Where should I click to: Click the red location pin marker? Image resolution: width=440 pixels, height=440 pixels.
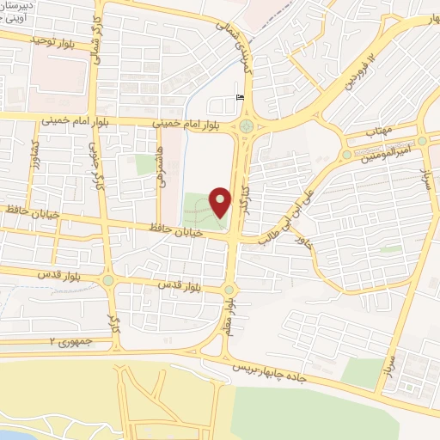pyautogui.click(x=221, y=202)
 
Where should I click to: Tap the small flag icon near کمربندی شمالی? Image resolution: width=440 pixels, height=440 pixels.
pyautogui.click(x=240, y=98)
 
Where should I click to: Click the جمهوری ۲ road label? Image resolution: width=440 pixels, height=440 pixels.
pyautogui.click(x=70, y=342)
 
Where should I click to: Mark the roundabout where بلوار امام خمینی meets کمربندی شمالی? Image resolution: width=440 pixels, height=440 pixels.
pyautogui.click(x=248, y=127)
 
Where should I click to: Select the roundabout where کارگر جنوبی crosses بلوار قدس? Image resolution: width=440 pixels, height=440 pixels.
pyautogui.click(x=108, y=279)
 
